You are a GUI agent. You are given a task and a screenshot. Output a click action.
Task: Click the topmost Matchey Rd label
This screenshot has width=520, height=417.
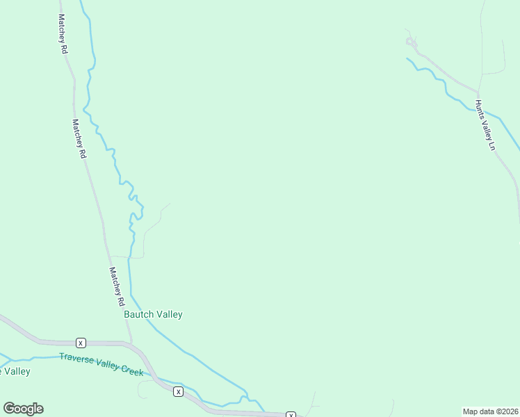63,35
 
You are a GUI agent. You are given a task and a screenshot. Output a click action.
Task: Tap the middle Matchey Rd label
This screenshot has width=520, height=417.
79,138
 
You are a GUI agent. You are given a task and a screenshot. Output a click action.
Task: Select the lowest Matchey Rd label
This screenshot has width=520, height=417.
115,287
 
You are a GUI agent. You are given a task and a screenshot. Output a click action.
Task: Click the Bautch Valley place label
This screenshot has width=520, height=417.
153,314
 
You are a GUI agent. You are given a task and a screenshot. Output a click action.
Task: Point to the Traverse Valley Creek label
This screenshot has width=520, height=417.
101,365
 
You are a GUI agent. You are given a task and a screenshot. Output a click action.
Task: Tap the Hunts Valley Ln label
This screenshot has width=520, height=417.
485,125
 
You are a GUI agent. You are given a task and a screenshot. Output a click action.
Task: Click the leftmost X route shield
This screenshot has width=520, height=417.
81,343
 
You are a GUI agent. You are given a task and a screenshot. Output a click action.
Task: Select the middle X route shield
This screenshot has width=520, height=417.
179,392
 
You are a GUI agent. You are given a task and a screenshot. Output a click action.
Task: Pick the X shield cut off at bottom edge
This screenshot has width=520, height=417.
291,415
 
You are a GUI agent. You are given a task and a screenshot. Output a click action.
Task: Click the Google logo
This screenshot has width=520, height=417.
23,409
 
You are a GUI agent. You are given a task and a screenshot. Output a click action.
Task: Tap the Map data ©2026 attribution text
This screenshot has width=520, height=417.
490,411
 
